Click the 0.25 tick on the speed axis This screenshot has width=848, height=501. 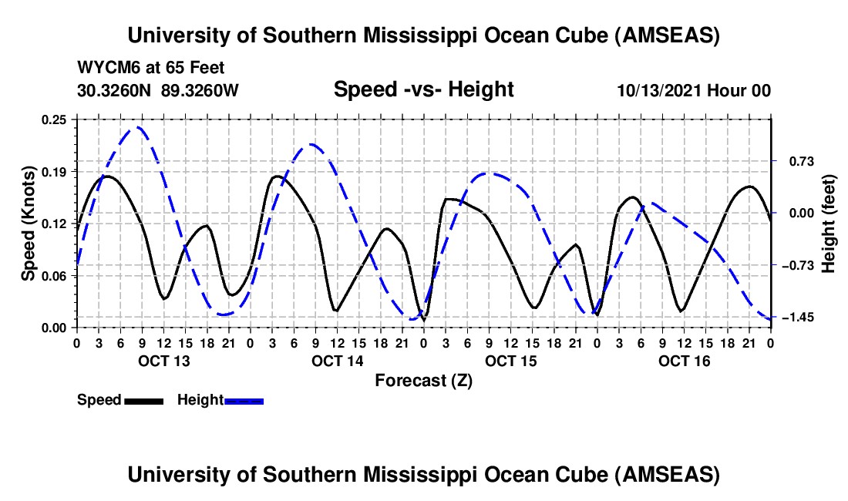56,119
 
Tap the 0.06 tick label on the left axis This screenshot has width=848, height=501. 56,275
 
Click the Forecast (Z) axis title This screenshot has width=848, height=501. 423,380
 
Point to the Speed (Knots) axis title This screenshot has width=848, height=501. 29,223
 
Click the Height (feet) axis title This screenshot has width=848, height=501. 829,223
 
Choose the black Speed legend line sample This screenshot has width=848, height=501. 143,401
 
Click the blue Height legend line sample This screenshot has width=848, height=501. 244,401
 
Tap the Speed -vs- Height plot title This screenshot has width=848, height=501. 423,89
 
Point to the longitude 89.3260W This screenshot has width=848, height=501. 200,91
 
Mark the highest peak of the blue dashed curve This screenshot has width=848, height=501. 137,127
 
